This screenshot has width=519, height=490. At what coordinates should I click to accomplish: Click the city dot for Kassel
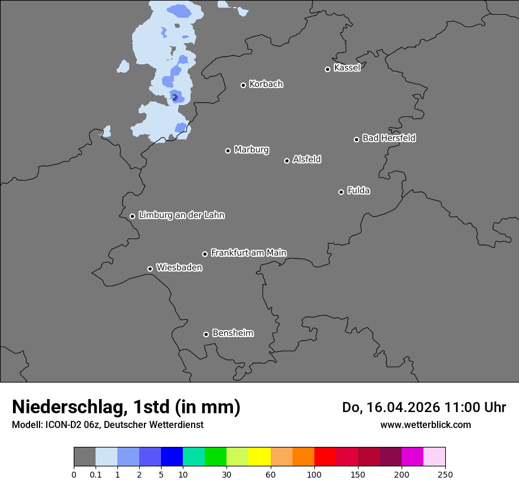pos(327,69)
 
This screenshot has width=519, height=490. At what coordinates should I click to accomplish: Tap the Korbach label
pos(266,84)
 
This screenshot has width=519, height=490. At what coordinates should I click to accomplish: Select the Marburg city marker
pos(228,151)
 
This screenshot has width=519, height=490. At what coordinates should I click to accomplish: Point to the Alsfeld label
pos(307,159)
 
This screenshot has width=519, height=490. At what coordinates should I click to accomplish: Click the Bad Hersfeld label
pos(389,138)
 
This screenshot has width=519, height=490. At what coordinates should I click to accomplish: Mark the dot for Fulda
pos(341,192)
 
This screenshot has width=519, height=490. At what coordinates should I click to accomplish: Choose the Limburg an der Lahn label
pos(181,215)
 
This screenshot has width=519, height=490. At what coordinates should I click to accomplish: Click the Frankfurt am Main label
pos(248,253)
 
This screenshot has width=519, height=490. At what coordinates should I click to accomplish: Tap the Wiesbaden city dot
pos(150,269)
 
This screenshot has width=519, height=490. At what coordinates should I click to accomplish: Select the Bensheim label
pos(232,333)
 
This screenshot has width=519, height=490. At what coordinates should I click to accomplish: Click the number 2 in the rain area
pos(175,97)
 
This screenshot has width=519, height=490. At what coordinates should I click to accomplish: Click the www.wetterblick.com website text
pos(425,424)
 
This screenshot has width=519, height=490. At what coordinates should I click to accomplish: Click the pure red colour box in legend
pos(325,457)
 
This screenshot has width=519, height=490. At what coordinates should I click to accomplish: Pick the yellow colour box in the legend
pos(259,457)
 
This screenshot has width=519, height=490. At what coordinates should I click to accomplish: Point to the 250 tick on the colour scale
pos(445,474)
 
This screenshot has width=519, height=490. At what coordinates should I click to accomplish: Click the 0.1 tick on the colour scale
pos(96,474)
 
